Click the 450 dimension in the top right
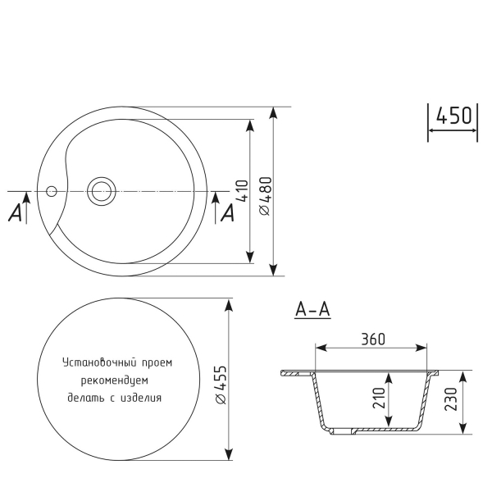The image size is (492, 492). tap(452, 116)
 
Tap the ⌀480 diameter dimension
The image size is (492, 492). tap(264, 196)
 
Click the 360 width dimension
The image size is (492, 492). tap(371, 339)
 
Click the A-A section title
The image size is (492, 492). tap(312, 311)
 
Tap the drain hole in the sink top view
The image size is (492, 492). tap(102, 191)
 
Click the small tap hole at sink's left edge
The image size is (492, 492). tap(52, 191)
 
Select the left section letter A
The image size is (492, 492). tap(14, 213)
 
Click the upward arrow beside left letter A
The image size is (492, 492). tap(27, 205)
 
